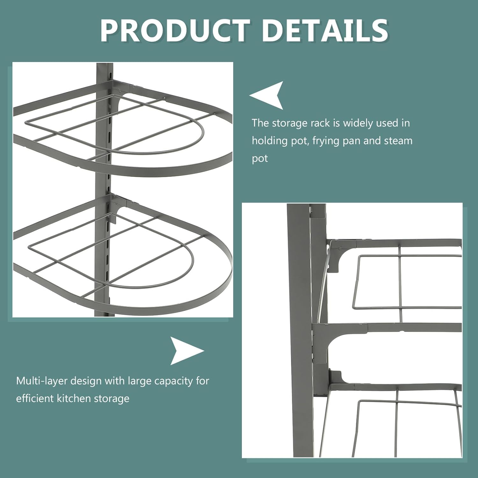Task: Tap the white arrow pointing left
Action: (268, 95)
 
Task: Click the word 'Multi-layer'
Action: (42, 381)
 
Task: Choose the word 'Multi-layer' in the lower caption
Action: (42, 381)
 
